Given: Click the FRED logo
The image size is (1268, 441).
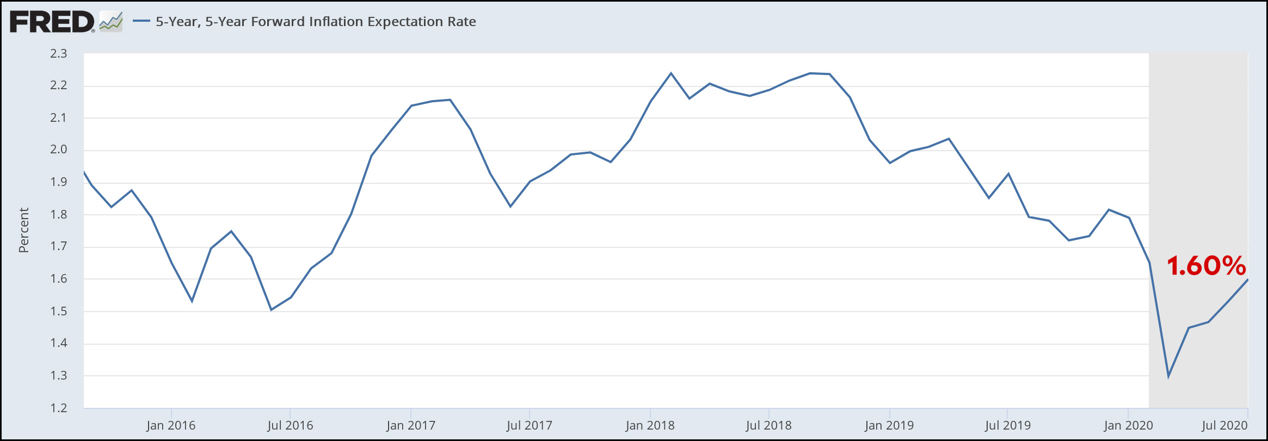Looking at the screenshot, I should [52, 22].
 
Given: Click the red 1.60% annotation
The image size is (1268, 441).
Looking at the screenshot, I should [1206, 266].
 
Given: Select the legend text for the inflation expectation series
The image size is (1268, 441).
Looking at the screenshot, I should [316, 22].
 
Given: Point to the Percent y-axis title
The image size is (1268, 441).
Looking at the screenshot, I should [23, 230].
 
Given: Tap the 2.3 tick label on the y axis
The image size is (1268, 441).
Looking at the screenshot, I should [58, 53].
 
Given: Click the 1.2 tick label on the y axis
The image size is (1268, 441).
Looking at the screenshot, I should [58, 408].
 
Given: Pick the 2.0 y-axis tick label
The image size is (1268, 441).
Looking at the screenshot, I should [58, 150].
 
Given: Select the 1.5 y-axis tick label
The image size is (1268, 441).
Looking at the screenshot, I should [58, 311].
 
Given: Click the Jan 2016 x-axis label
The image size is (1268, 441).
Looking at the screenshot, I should [171, 425].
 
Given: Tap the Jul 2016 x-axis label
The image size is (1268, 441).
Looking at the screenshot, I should [290, 425].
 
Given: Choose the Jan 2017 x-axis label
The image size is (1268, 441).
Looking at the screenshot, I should [411, 425].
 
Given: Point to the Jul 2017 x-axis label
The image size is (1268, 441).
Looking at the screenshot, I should [529, 425].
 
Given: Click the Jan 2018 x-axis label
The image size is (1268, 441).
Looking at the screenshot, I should [650, 425].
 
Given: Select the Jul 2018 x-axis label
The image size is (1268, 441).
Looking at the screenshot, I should [768, 425].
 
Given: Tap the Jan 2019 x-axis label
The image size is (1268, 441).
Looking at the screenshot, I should [889, 425].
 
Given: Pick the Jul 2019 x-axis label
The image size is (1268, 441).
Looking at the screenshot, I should [1007, 425].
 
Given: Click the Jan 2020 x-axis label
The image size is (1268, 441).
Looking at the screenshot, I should [1128, 425].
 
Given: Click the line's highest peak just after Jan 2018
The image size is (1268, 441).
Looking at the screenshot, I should [670, 73].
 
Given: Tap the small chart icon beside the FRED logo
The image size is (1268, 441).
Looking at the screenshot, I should [111, 22].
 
